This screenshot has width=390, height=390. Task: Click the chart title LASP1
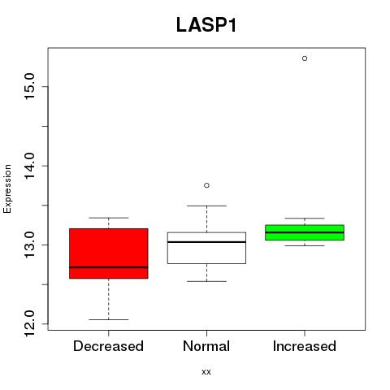pyautogui.click(x=206, y=25)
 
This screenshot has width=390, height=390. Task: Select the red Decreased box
pyautogui.click(x=109, y=253)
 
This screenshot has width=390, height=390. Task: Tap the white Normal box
pyautogui.click(x=206, y=248)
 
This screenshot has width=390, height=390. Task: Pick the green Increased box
pyautogui.click(x=305, y=232)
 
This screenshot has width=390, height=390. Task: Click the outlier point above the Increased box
pyautogui.click(x=305, y=58)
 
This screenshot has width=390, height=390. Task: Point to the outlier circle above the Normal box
pyautogui.click(x=206, y=185)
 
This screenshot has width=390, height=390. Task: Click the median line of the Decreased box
pyautogui.click(x=109, y=267)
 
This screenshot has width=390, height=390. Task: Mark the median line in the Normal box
pyautogui.click(x=206, y=242)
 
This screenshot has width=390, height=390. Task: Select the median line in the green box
pyautogui.click(x=305, y=232)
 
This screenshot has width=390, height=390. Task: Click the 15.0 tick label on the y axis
pyautogui.click(x=29, y=86)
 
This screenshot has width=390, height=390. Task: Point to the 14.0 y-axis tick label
pyautogui.click(x=29, y=166)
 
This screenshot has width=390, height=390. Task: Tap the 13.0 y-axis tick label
pyautogui.click(x=29, y=245)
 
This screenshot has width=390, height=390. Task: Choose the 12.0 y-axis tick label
pyautogui.click(x=29, y=324)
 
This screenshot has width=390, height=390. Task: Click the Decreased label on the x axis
pyautogui.click(x=108, y=346)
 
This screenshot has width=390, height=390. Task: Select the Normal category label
pyautogui.click(x=206, y=346)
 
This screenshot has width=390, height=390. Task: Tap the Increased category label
pyautogui.click(x=305, y=346)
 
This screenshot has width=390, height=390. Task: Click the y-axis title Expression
pyautogui.click(x=7, y=188)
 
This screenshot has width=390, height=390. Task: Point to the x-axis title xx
pyautogui.click(x=206, y=372)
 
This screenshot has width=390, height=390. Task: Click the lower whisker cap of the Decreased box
pyautogui.click(x=109, y=319)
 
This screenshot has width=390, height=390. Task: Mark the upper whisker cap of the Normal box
pyautogui.click(x=206, y=206)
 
